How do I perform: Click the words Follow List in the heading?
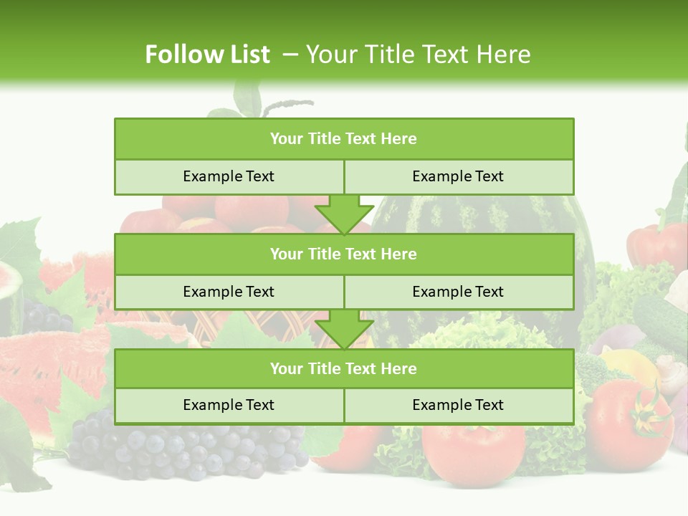tap(207, 54)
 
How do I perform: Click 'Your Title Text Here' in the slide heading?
tap(418, 54)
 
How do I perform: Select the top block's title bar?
tap(344, 139)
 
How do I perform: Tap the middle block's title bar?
tap(344, 254)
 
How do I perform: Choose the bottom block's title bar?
tap(344, 369)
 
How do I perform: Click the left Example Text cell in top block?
tap(229, 177)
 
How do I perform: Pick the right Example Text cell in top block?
tap(459, 177)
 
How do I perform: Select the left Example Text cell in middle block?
tap(229, 292)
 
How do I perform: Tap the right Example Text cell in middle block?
tap(459, 292)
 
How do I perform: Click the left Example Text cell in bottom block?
tap(229, 406)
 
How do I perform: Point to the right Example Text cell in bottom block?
tap(459, 406)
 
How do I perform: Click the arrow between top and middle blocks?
tap(344, 214)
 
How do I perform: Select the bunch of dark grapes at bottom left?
tap(179, 448)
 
